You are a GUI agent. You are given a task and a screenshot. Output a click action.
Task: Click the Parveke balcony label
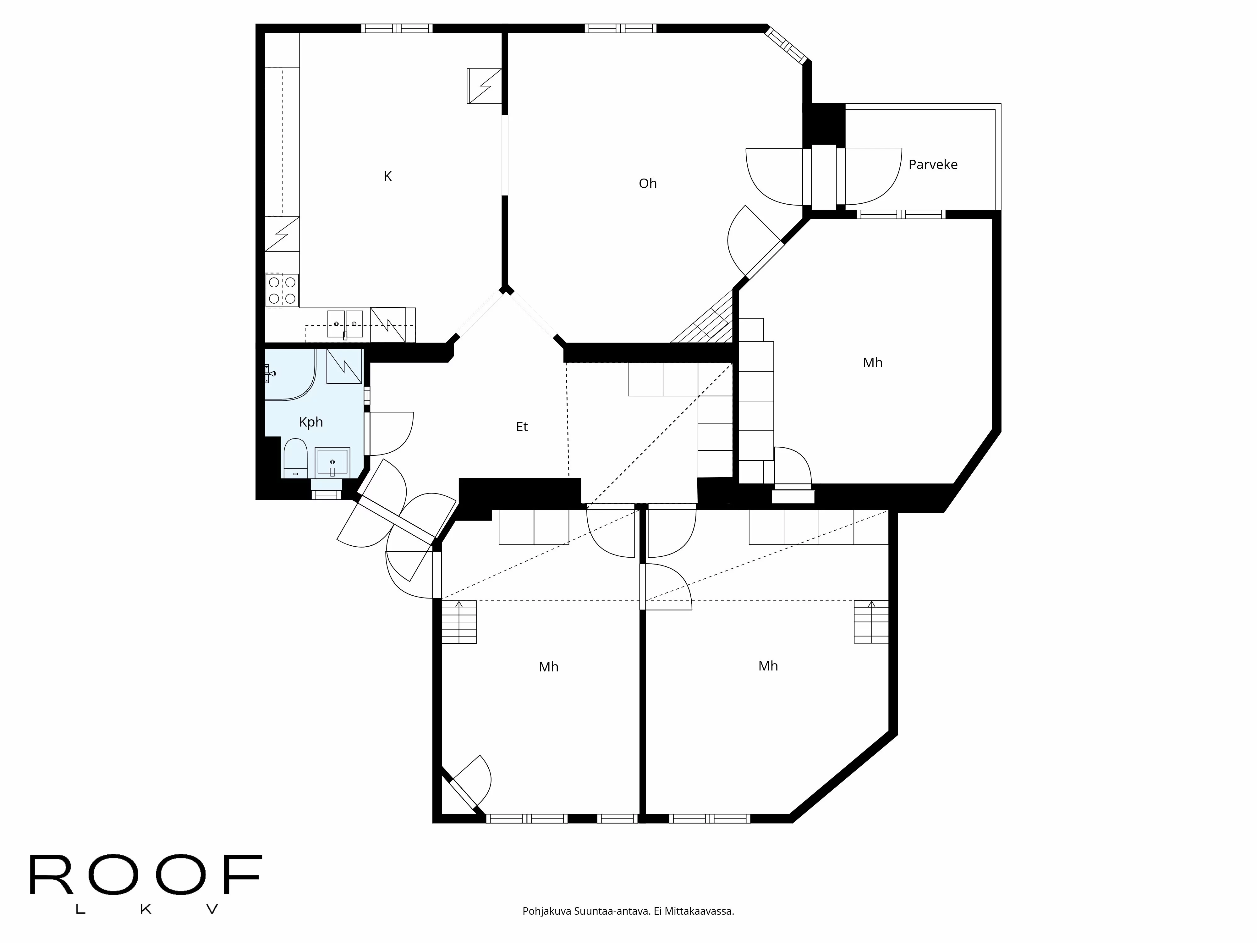point(932,165)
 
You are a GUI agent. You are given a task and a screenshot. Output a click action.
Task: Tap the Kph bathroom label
point(311,422)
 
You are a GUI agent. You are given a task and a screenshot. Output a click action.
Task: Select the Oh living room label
point(647,183)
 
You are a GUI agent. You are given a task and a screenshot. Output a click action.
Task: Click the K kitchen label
point(387,176)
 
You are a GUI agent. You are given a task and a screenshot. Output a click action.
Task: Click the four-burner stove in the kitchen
point(282,290)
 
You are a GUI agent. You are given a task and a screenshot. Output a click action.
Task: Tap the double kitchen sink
point(345,324)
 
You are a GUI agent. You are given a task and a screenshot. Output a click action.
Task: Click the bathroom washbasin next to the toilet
point(332,461)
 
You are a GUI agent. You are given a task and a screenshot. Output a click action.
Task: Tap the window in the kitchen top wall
point(397,28)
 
